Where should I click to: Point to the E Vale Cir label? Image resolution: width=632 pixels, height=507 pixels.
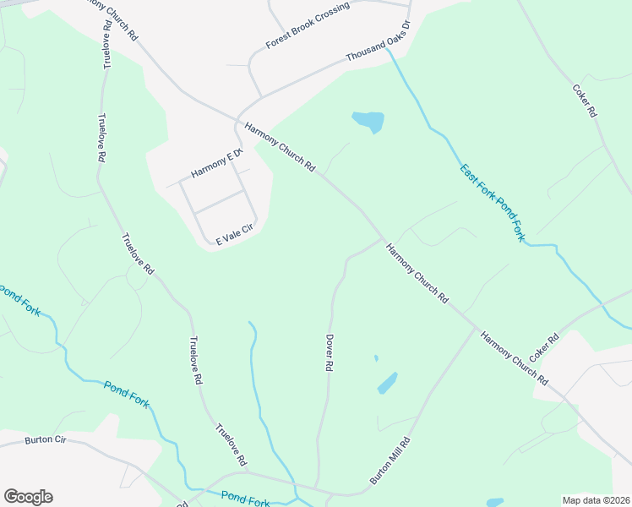(234, 235)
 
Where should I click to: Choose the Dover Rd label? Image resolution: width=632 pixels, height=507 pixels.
(330, 352)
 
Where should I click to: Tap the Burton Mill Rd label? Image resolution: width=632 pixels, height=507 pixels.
(389, 461)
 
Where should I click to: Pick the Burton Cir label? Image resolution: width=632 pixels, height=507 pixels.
(45, 439)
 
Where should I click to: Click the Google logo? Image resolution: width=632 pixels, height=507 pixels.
(28, 497)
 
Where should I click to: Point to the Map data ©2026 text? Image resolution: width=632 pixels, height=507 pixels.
(595, 500)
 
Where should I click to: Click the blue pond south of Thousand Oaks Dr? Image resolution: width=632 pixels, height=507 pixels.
(369, 121)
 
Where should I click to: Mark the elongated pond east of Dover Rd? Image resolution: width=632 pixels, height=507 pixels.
(387, 383)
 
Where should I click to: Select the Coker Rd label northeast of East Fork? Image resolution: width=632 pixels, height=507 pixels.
(585, 100)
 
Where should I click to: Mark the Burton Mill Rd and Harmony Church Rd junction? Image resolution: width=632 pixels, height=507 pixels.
(475, 328)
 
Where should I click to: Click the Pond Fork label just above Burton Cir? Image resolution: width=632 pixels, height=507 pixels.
(127, 395)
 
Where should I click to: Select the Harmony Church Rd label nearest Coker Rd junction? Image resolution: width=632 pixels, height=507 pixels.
(514, 359)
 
